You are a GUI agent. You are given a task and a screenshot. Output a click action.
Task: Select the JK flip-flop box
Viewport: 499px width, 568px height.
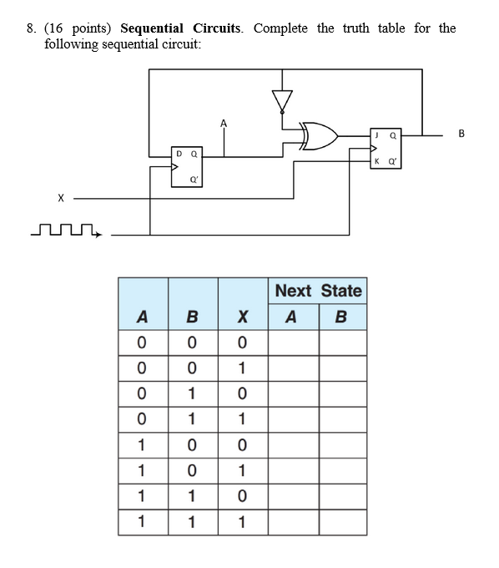387,148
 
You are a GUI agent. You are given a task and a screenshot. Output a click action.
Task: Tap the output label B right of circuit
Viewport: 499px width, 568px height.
461,134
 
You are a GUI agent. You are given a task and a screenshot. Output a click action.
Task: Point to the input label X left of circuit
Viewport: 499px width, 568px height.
60,198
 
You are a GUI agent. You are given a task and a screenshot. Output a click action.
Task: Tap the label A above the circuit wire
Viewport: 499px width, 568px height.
223,124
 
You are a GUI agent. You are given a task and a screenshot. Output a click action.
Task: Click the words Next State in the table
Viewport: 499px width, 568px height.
318,291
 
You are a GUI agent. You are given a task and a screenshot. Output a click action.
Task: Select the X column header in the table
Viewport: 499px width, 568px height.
242,317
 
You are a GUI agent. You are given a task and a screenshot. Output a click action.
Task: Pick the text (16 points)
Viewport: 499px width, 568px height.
81,28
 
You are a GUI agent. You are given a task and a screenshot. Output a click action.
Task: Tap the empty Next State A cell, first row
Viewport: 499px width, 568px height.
293,342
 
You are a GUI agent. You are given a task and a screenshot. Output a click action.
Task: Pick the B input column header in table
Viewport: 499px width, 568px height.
192,317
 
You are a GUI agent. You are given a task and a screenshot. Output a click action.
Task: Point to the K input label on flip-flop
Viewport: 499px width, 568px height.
377,160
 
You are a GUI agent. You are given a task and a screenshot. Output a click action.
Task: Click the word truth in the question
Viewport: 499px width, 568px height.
355,28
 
